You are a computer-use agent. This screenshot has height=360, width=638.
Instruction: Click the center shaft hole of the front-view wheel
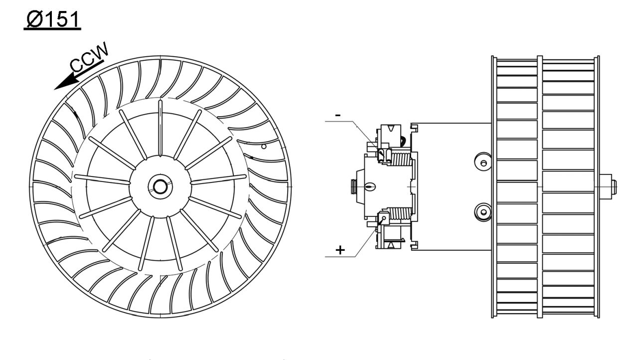160,186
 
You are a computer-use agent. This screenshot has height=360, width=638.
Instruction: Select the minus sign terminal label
338,115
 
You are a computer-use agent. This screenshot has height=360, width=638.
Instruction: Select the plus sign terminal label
340,249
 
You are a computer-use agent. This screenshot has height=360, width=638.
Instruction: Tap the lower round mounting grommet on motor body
482,211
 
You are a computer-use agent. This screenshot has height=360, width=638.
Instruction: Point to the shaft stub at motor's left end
354,186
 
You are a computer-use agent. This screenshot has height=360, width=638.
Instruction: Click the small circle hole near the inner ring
264,147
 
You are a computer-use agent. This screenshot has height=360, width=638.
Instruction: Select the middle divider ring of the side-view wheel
540,186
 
